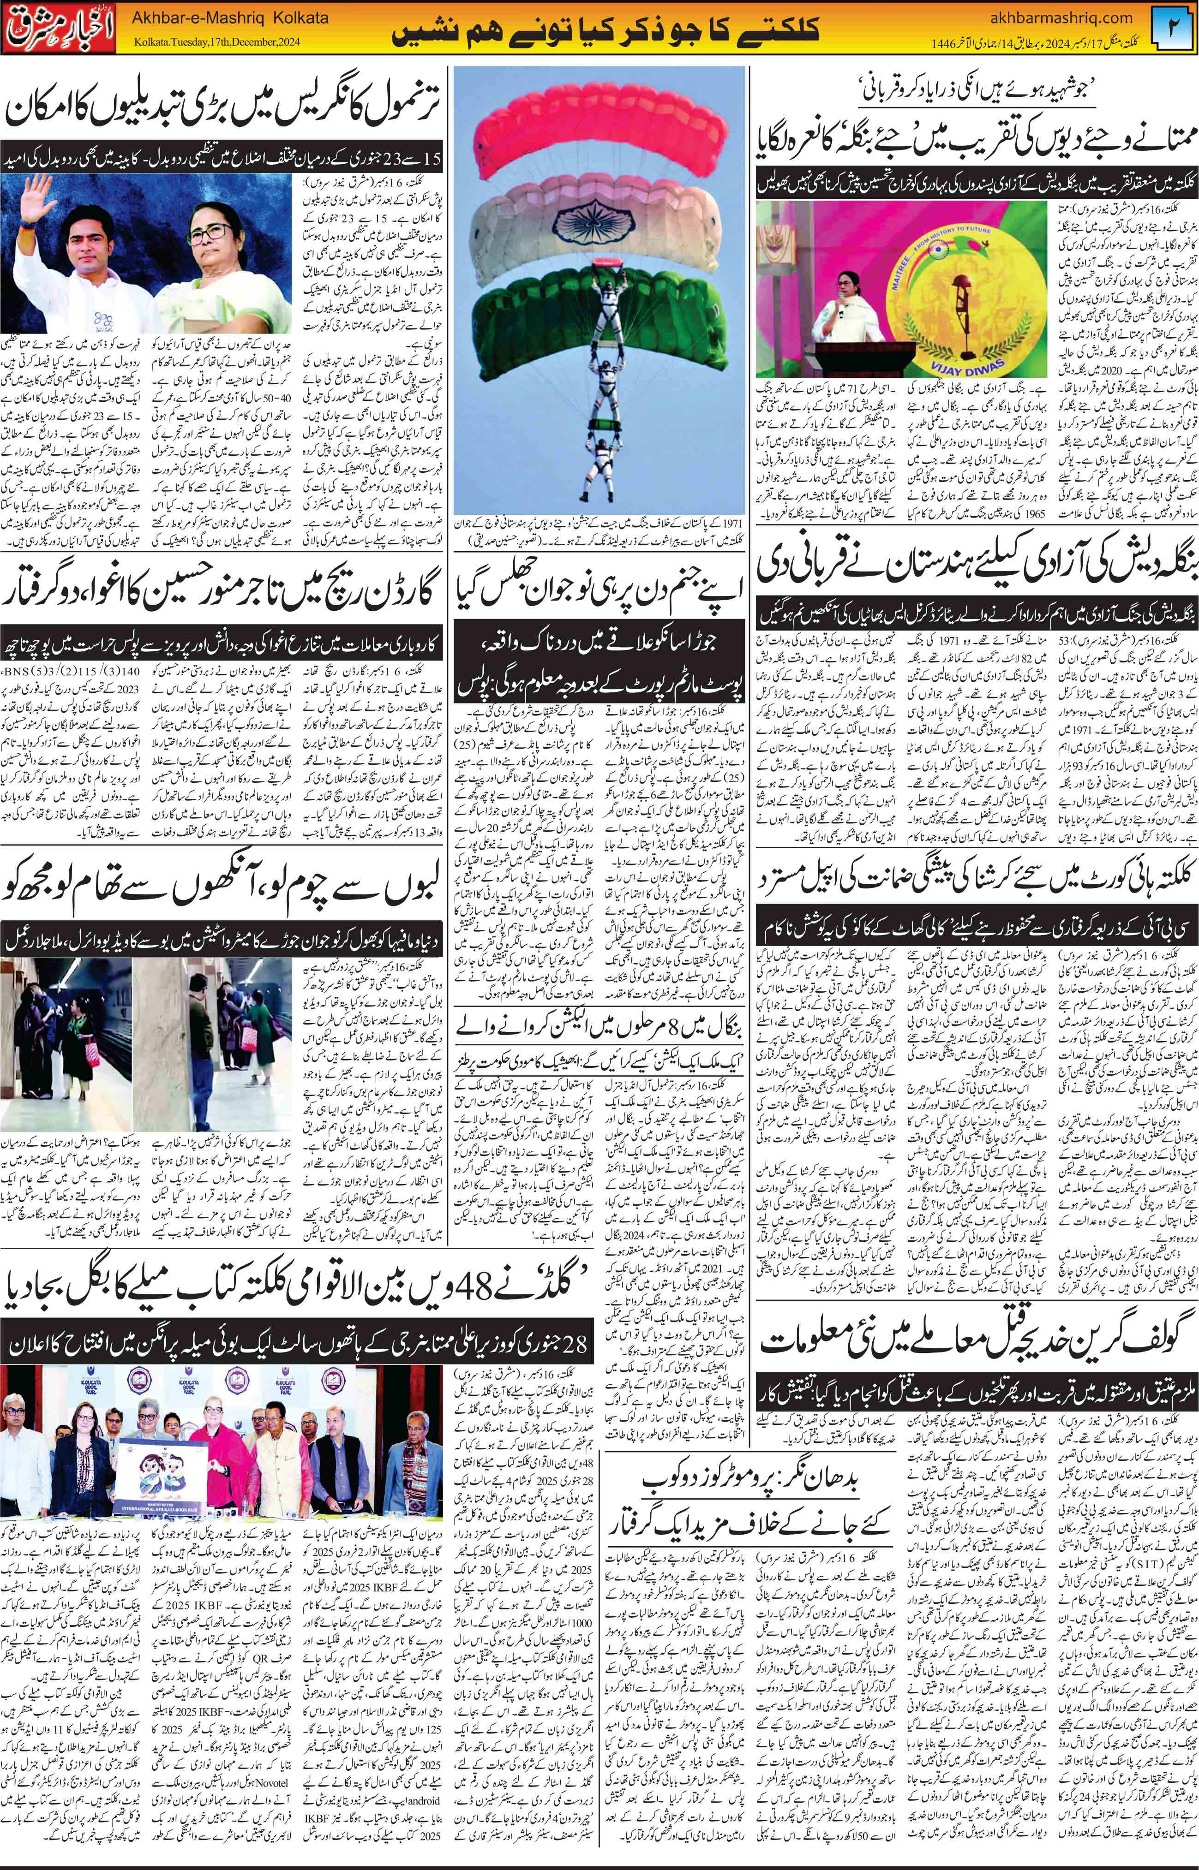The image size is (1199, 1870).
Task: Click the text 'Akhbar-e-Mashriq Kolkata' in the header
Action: click(x=230, y=17)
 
